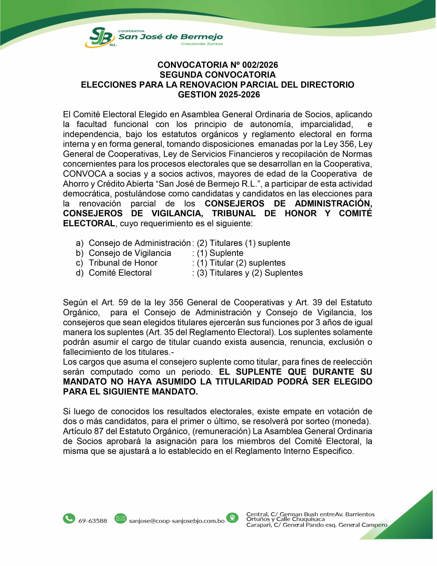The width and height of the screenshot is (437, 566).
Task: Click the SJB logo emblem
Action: (99, 38)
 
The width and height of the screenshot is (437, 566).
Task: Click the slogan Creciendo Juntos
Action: (202, 44)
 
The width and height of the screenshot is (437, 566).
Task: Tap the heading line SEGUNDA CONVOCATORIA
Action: (218, 75)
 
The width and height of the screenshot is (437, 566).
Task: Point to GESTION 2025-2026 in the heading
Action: (219, 95)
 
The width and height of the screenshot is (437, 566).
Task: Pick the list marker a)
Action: (80, 243)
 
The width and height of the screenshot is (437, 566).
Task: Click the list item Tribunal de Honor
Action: (123, 263)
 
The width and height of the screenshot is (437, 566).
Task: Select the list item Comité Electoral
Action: (120, 273)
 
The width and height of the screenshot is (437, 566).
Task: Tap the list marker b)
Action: (80, 253)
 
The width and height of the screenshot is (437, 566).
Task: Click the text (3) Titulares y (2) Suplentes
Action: (250, 273)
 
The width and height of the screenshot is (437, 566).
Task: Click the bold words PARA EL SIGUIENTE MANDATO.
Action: (130, 392)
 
